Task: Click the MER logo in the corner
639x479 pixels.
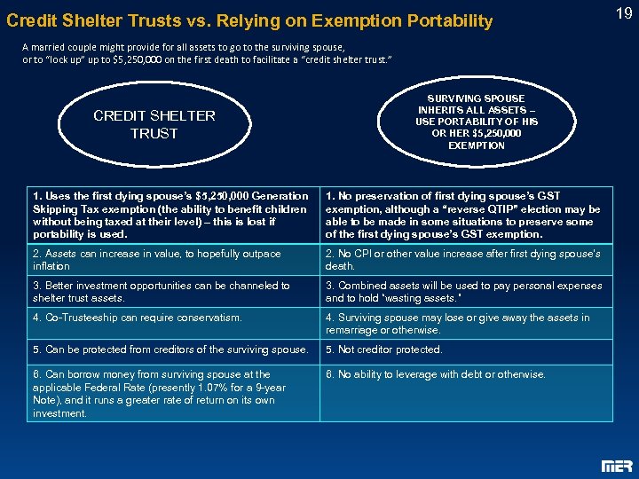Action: [617, 465]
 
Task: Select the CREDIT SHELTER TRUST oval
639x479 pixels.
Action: [154, 124]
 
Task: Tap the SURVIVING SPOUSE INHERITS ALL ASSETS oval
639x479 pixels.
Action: [477, 122]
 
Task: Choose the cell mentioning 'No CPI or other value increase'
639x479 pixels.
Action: [465, 260]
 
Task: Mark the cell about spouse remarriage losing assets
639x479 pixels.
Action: [465, 324]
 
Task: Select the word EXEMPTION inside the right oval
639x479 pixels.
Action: [477, 145]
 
